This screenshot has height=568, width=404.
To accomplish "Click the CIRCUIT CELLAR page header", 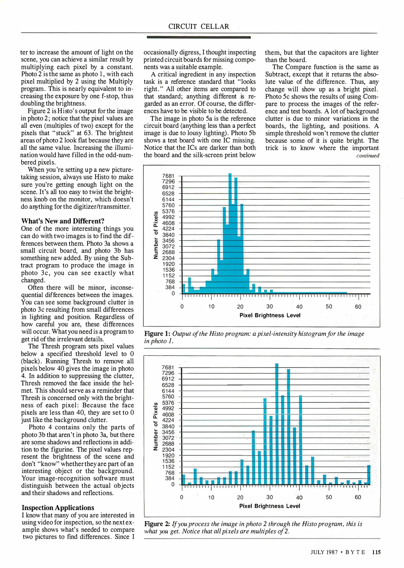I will click(199, 27).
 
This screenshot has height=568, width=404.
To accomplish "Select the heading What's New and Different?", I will click(63, 221).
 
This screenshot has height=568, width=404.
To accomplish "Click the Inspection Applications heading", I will click(58, 508).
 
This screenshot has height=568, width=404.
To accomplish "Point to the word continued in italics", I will click(367, 155).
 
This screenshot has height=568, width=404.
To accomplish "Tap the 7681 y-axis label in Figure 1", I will click(168, 176).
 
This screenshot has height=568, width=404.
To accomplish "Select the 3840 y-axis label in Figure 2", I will click(168, 426).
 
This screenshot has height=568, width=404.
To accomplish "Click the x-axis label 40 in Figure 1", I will click(299, 307).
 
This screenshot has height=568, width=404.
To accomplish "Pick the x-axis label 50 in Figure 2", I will click(329, 497).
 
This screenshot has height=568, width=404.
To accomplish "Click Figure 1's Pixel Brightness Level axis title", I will click(270, 315).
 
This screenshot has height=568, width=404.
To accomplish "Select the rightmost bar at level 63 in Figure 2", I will click(369, 475).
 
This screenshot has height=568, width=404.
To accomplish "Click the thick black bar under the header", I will click(199, 37).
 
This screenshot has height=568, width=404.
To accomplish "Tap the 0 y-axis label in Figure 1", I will click(173, 293).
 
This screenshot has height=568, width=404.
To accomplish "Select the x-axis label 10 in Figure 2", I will click(211, 497).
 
